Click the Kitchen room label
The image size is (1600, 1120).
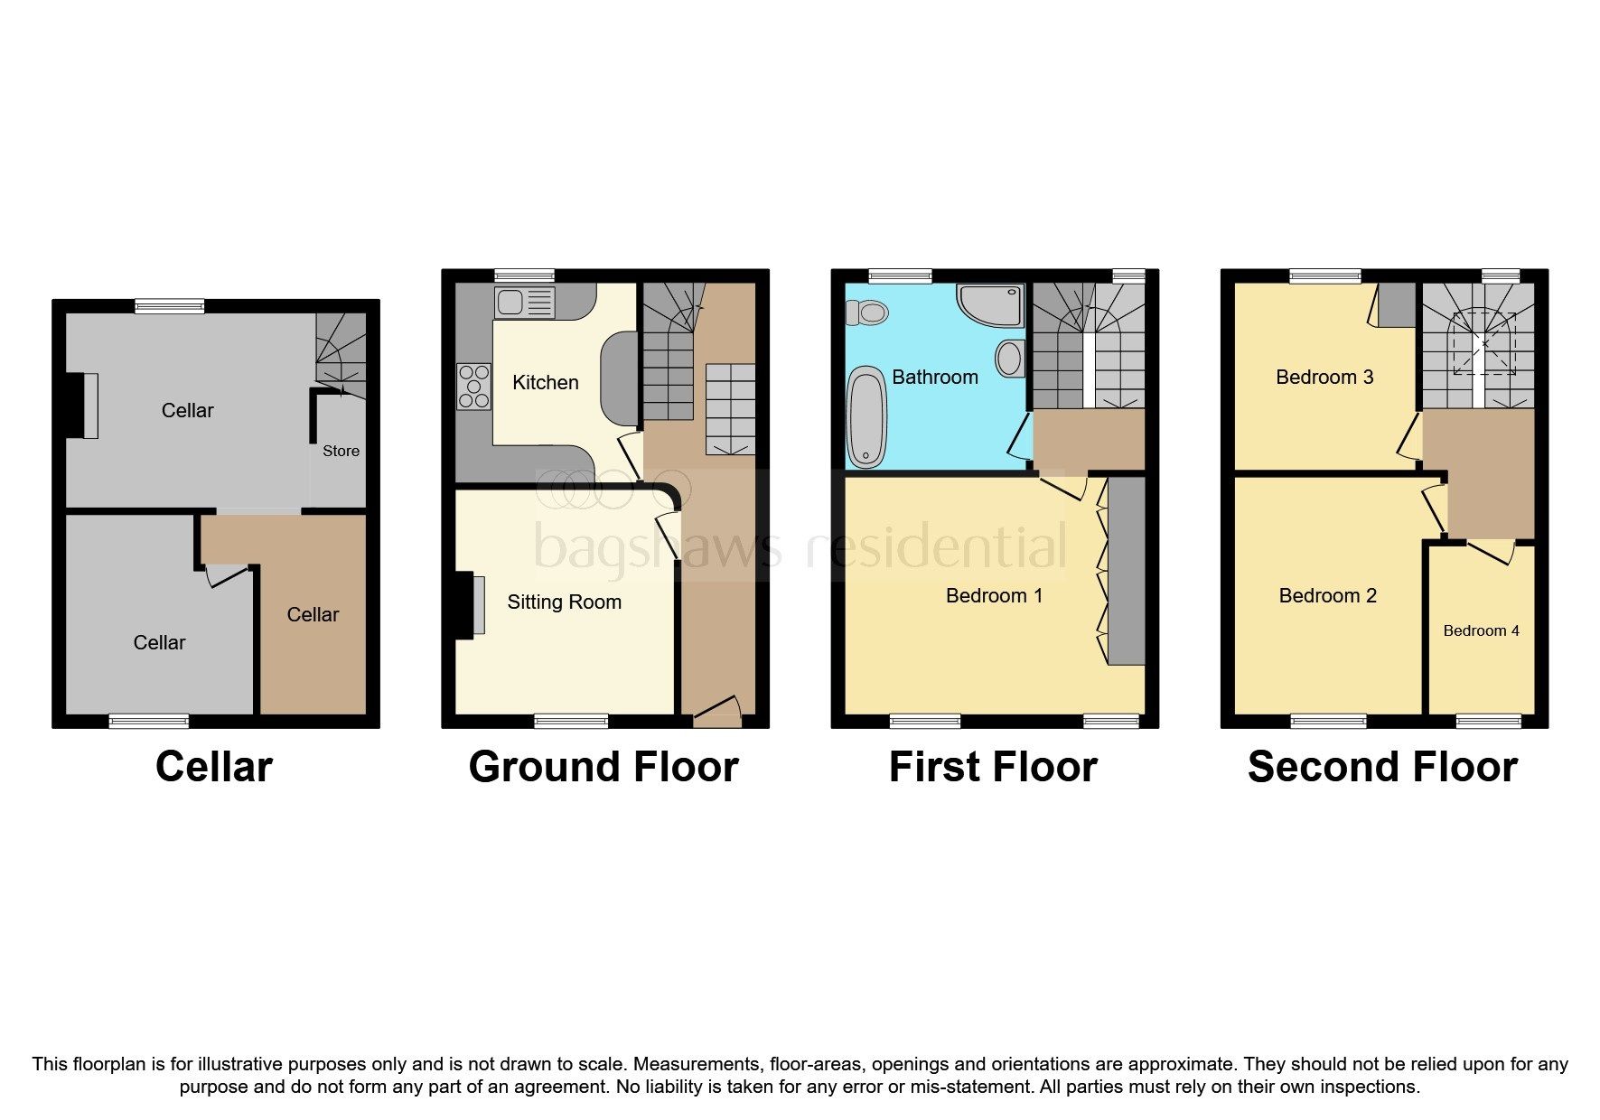click(545, 382)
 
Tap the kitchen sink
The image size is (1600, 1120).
click(524, 302)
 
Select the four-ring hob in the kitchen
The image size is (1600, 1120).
click(473, 386)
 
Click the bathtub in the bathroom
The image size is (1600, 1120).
click(866, 416)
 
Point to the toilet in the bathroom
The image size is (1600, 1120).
click(866, 313)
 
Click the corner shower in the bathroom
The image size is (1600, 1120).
click(992, 305)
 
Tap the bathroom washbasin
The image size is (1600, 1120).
click(1009, 359)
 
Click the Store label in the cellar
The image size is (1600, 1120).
click(341, 451)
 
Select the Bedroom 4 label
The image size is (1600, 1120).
click(1480, 630)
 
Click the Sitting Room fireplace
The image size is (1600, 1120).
click(469, 604)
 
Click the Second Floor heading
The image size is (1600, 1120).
click(1381, 767)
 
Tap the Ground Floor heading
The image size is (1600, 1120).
click(603, 767)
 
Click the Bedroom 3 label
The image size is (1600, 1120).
click(1324, 377)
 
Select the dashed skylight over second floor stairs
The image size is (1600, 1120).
click(1483, 344)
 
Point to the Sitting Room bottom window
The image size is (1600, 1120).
click(570, 721)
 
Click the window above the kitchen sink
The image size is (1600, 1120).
click(524, 275)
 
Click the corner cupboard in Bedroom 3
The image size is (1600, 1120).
click(1396, 305)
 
